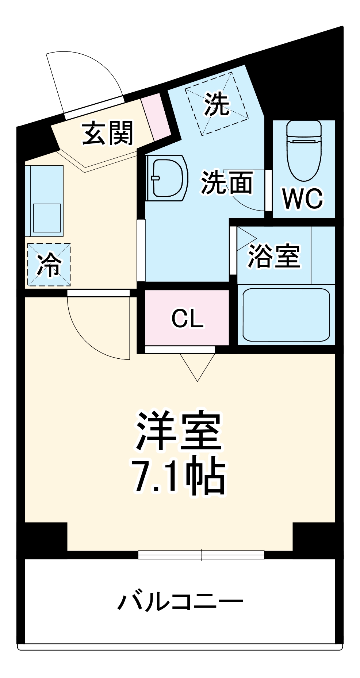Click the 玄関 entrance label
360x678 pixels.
(108, 134)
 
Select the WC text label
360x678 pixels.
(303, 199)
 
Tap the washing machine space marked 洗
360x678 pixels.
(217, 104)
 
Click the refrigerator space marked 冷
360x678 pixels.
(49, 265)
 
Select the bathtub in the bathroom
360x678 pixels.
(286, 315)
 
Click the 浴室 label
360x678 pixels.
(274, 256)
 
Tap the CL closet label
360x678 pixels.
(187, 319)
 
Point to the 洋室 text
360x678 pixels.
(179, 431)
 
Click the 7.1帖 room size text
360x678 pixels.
(179, 476)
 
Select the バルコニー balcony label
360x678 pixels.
(180, 602)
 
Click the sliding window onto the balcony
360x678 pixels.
(201, 555)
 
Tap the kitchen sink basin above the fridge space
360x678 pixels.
(47, 217)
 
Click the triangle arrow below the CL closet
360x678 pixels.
(198, 366)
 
